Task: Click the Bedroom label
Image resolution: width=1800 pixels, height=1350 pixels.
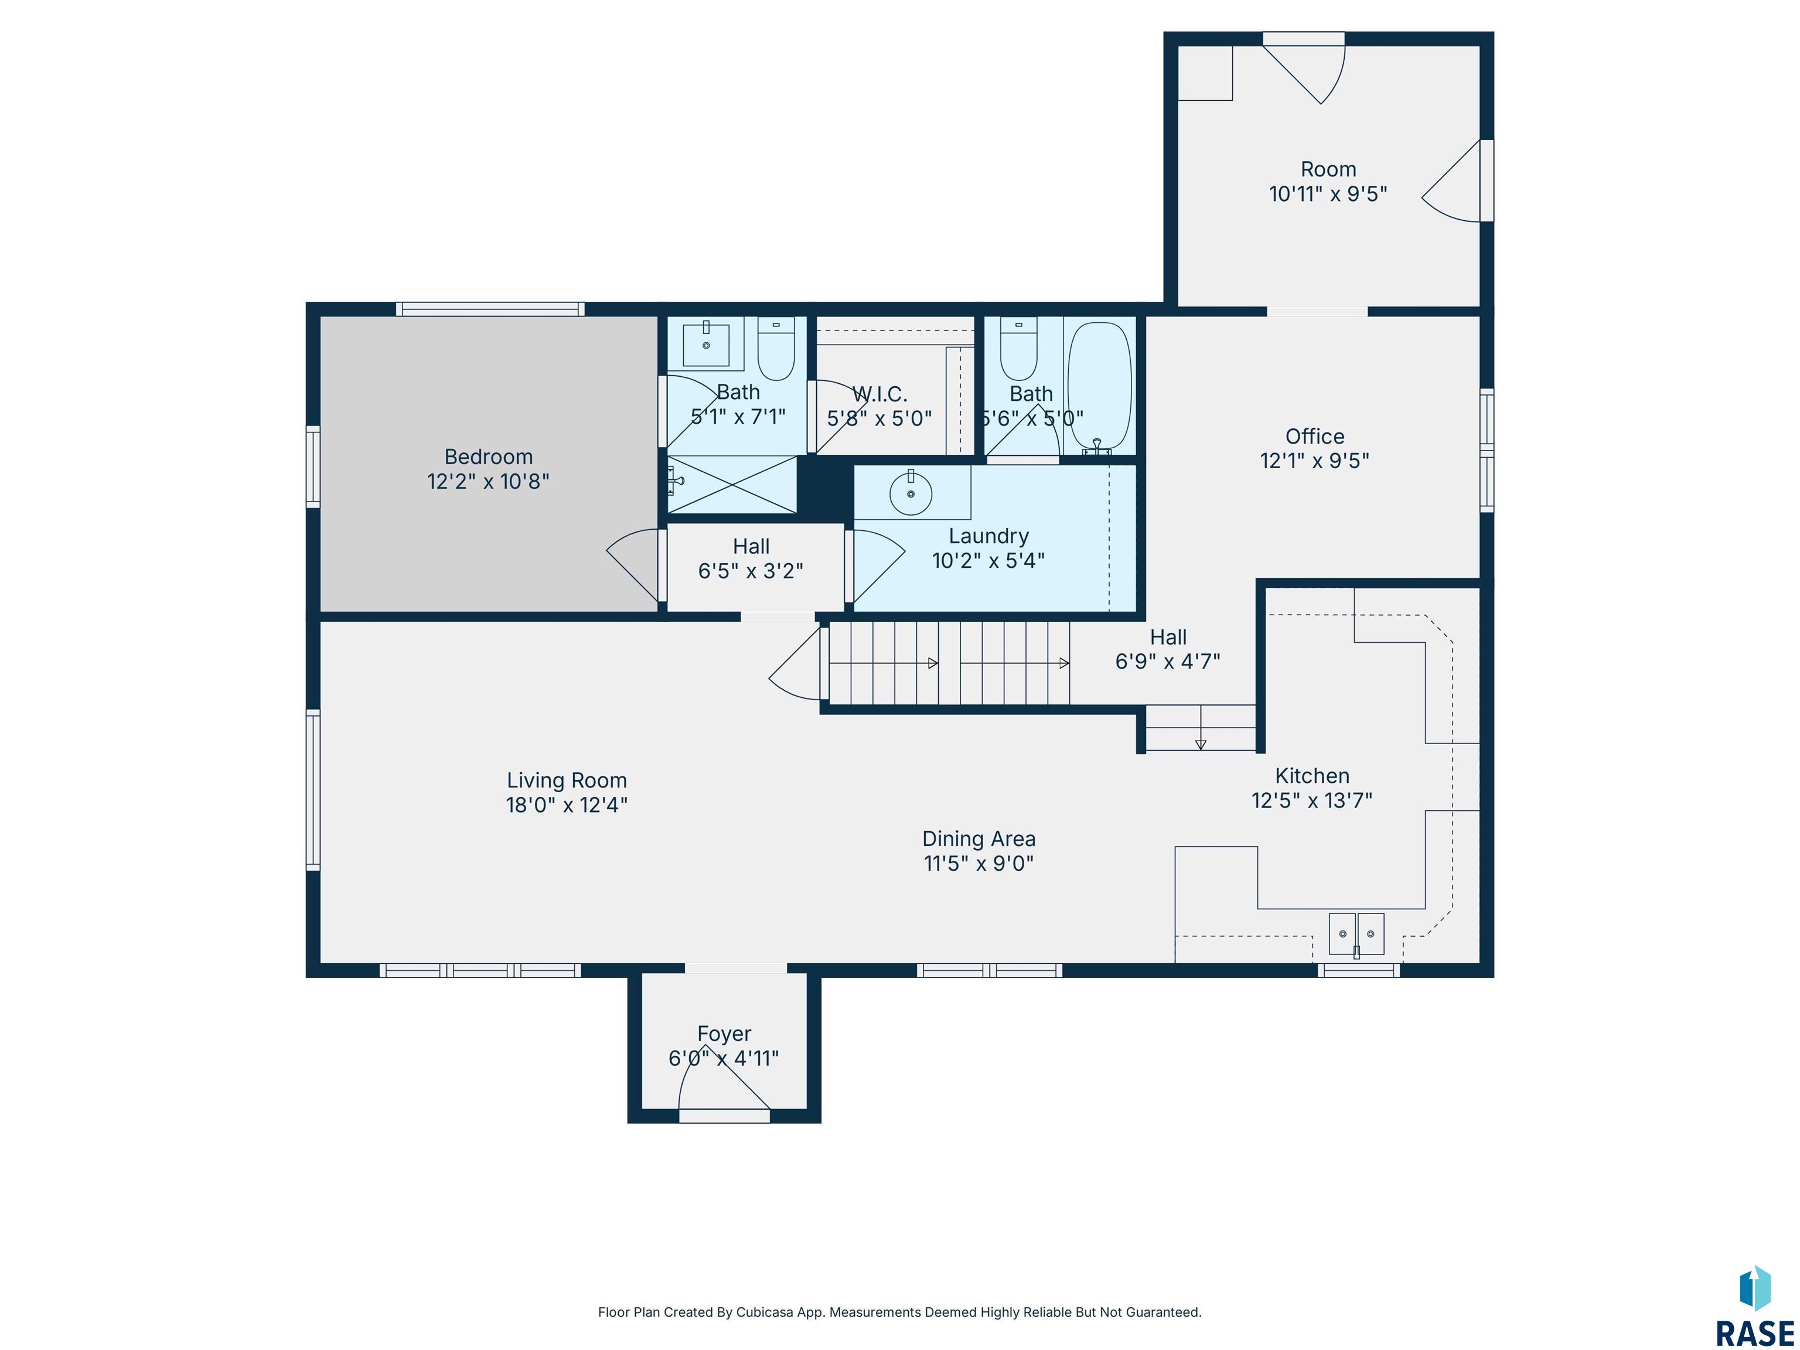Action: tap(488, 456)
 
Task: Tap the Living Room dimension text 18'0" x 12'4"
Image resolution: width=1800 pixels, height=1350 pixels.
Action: tap(567, 805)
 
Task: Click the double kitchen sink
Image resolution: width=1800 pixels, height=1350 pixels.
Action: tap(1356, 933)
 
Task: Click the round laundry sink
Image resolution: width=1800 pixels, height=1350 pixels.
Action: tap(911, 493)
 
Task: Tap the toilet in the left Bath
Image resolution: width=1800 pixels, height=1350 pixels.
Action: tap(776, 348)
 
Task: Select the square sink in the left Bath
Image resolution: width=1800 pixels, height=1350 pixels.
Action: tap(705, 345)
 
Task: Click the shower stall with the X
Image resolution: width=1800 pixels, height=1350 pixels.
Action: tap(732, 485)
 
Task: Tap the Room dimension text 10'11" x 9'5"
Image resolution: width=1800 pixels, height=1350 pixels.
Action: tap(1328, 194)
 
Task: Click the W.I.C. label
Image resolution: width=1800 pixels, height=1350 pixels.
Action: tap(879, 395)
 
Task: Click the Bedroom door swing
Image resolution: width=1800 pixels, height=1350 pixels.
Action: tap(632, 565)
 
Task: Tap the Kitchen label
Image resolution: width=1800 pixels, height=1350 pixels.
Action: tap(1312, 776)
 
